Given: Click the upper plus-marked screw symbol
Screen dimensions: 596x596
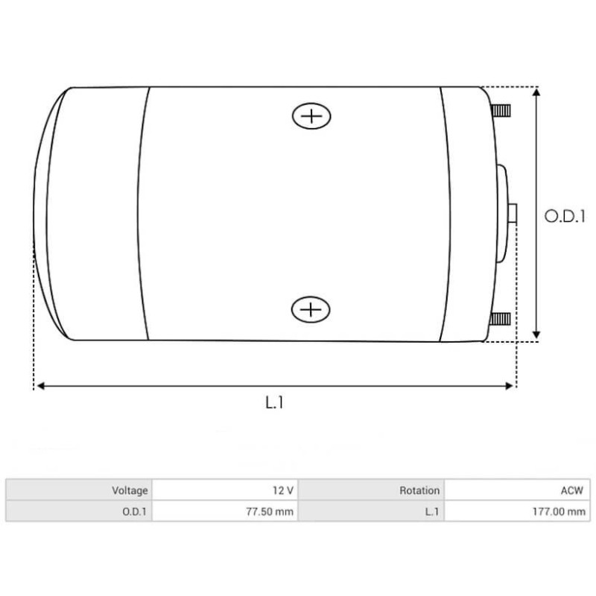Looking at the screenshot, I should click(x=311, y=116).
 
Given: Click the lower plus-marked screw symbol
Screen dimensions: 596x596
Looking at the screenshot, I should click(x=311, y=309).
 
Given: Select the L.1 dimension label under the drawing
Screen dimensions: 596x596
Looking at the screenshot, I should click(x=275, y=403).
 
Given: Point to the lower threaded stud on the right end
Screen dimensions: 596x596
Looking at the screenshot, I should click(x=501, y=320).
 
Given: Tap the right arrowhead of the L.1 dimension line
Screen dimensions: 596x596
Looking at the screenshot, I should click(x=510, y=386).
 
